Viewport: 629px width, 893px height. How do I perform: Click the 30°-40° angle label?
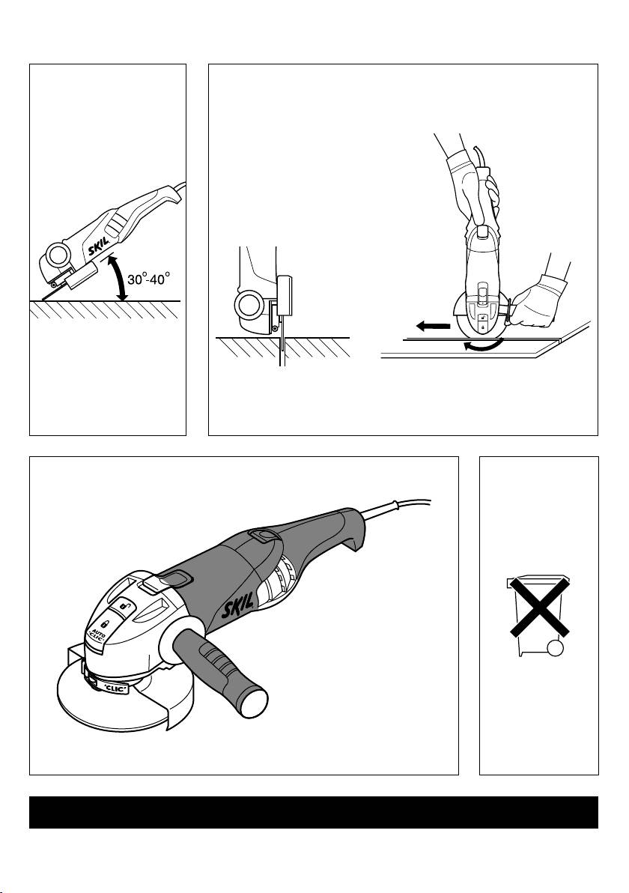pyautogui.click(x=148, y=279)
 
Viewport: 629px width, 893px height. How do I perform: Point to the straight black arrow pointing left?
pyautogui.click(x=433, y=326)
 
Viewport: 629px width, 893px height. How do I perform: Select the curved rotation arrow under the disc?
pyautogui.click(x=483, y=345)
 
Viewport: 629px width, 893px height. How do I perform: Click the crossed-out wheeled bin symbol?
pyautogui.click(x=538, y=614)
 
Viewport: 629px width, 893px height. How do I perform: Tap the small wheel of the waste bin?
pyautogui.click(x=555, y=648)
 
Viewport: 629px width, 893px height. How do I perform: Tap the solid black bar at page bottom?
pyautogui.click(x=314, y=812)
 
